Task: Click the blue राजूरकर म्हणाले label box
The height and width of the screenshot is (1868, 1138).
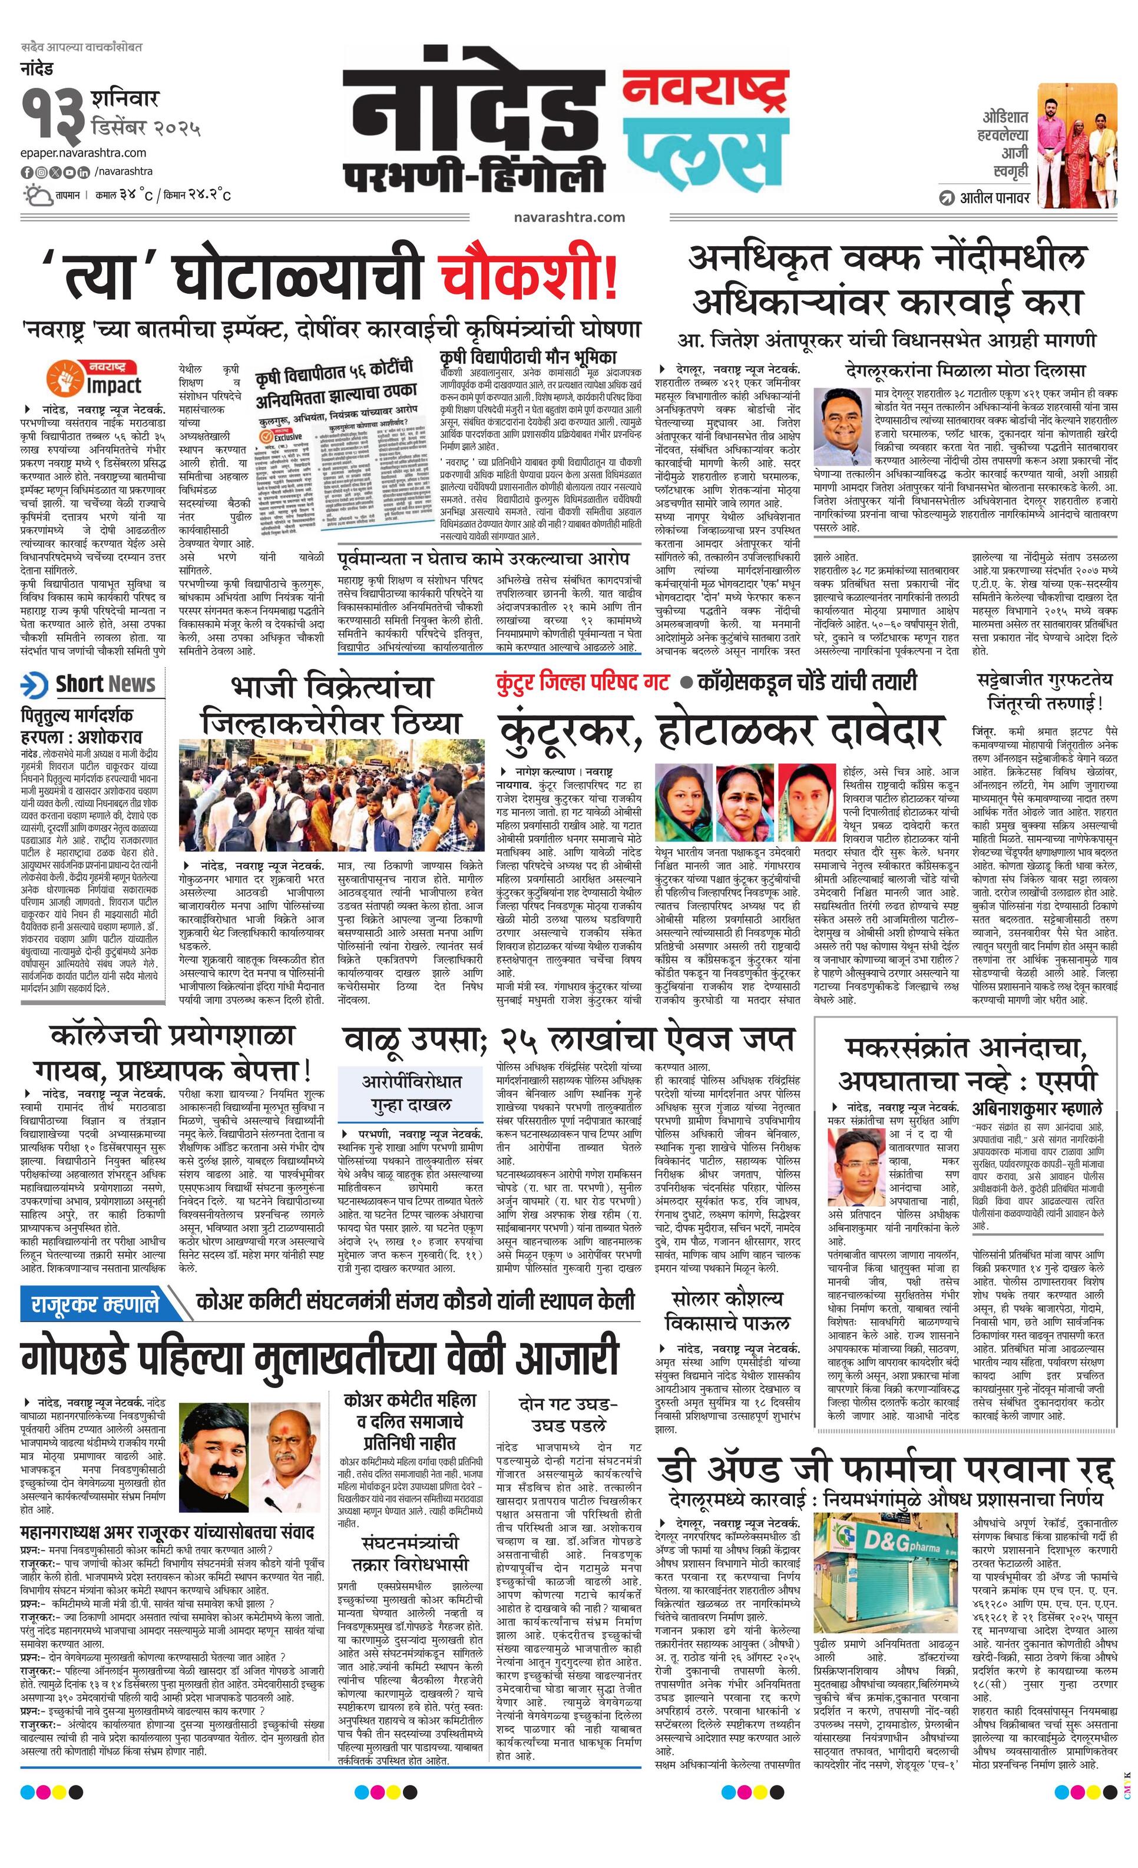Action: (x=95, y=1303)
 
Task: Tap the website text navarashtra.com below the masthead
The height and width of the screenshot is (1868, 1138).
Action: (x=568, y=217)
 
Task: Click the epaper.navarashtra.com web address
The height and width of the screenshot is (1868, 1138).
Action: (x=84, y=153)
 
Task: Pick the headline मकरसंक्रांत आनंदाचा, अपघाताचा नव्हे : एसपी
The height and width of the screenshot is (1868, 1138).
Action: (x=967, y=1064)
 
